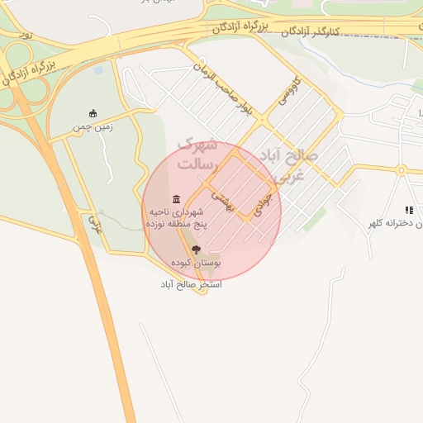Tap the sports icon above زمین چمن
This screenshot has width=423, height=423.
click(x=93, y=114)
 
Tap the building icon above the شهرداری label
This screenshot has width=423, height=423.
click(x=176, y=199)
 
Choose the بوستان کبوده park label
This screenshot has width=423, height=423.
click(x=196, y=263)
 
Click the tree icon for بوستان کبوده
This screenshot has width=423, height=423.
click(x=196, y=249)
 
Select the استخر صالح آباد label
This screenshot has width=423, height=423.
click(x=191, y=284)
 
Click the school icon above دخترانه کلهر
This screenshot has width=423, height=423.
click(x=409, y=211)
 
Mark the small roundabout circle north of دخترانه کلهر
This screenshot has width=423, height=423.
click(x=402, y=170)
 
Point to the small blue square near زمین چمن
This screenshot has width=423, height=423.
click(x=99, y=70)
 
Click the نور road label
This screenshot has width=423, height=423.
click(x=27, y=36)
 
